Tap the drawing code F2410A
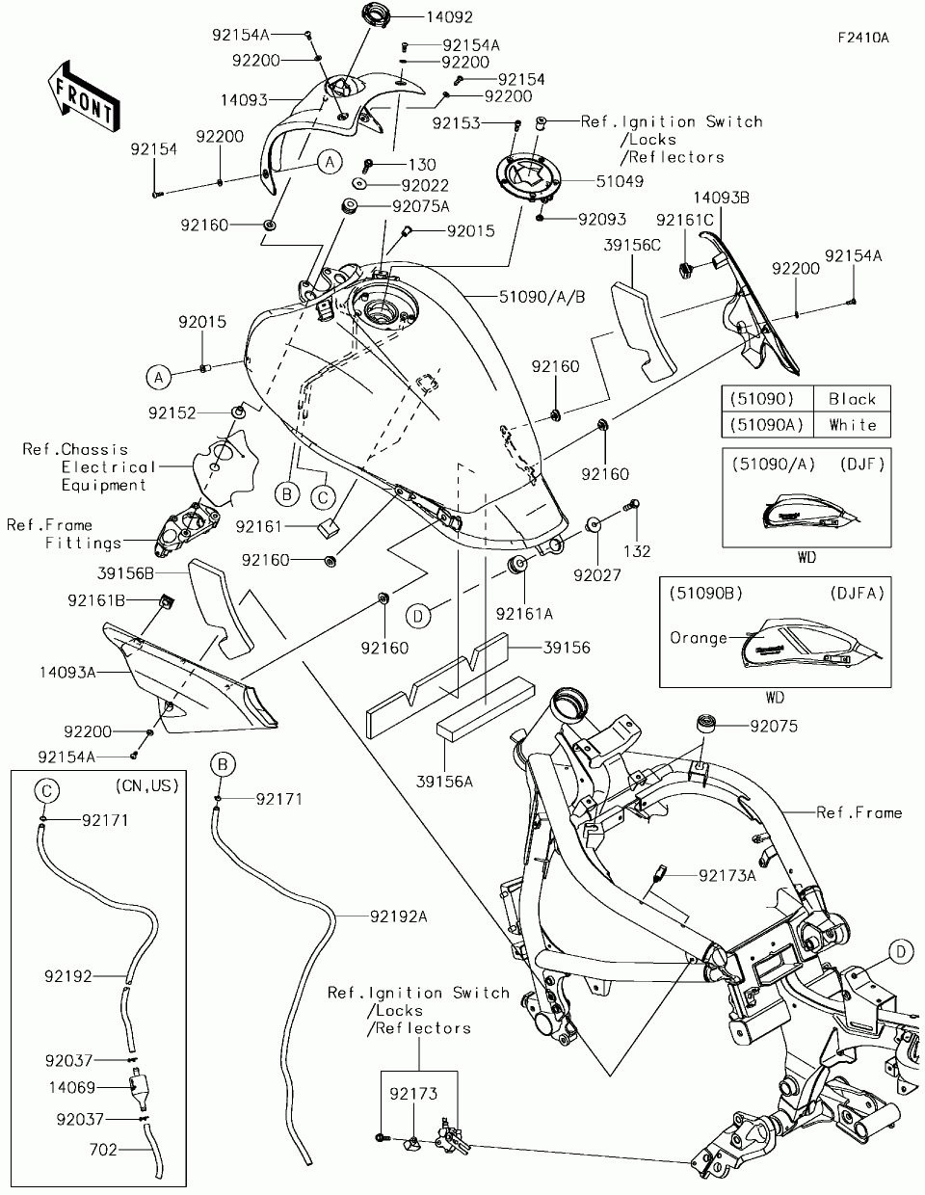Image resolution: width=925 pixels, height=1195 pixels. click(x=861, y=39)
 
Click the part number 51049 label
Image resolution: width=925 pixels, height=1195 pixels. click(x=619, y=180)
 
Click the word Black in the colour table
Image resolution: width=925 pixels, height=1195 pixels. click(x=851, y=399)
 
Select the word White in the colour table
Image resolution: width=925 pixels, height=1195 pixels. click(x=851, y=425)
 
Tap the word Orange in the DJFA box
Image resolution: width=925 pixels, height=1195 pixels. click(x=699, y=638)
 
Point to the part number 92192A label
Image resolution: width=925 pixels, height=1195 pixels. click(x=397, y=916)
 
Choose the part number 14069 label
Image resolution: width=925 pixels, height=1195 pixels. click(x=71, y=1087)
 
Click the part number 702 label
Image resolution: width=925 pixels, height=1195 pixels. click(x=102, y=1149)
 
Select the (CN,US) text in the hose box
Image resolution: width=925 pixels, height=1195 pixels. click(x=146, y=786)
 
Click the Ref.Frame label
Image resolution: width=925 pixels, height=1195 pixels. click(x=859, y=812)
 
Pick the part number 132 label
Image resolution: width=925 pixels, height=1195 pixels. click(x=637, y=551)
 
